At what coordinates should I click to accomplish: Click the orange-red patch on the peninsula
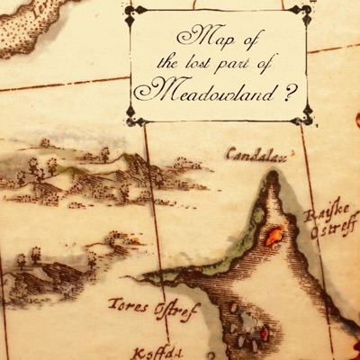pos(274,237)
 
